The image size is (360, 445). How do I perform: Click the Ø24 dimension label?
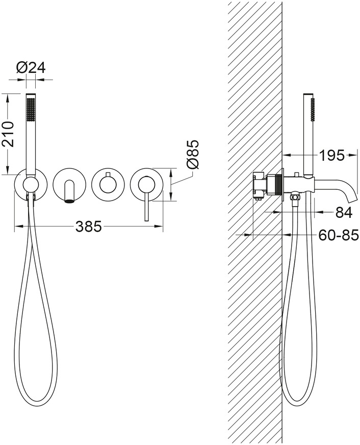click(31, 68)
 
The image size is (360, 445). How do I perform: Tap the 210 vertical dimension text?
click(7, 134)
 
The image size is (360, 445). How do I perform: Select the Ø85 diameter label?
click(192, 155)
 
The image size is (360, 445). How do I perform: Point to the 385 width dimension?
click(89, 226)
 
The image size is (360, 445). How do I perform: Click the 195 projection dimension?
click(331, 155)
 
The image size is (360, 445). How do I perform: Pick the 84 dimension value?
click(344, 212)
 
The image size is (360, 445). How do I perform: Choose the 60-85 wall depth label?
click(339, 235)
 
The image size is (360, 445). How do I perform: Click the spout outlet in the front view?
click(69, 201)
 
